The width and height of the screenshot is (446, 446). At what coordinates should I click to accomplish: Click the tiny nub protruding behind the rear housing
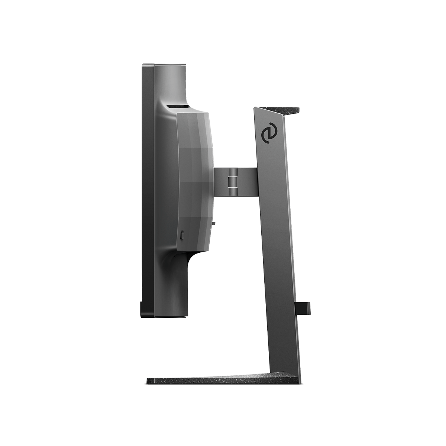215,223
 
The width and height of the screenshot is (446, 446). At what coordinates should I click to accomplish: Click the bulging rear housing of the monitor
195,178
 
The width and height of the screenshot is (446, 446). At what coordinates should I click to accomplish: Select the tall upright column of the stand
277,242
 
